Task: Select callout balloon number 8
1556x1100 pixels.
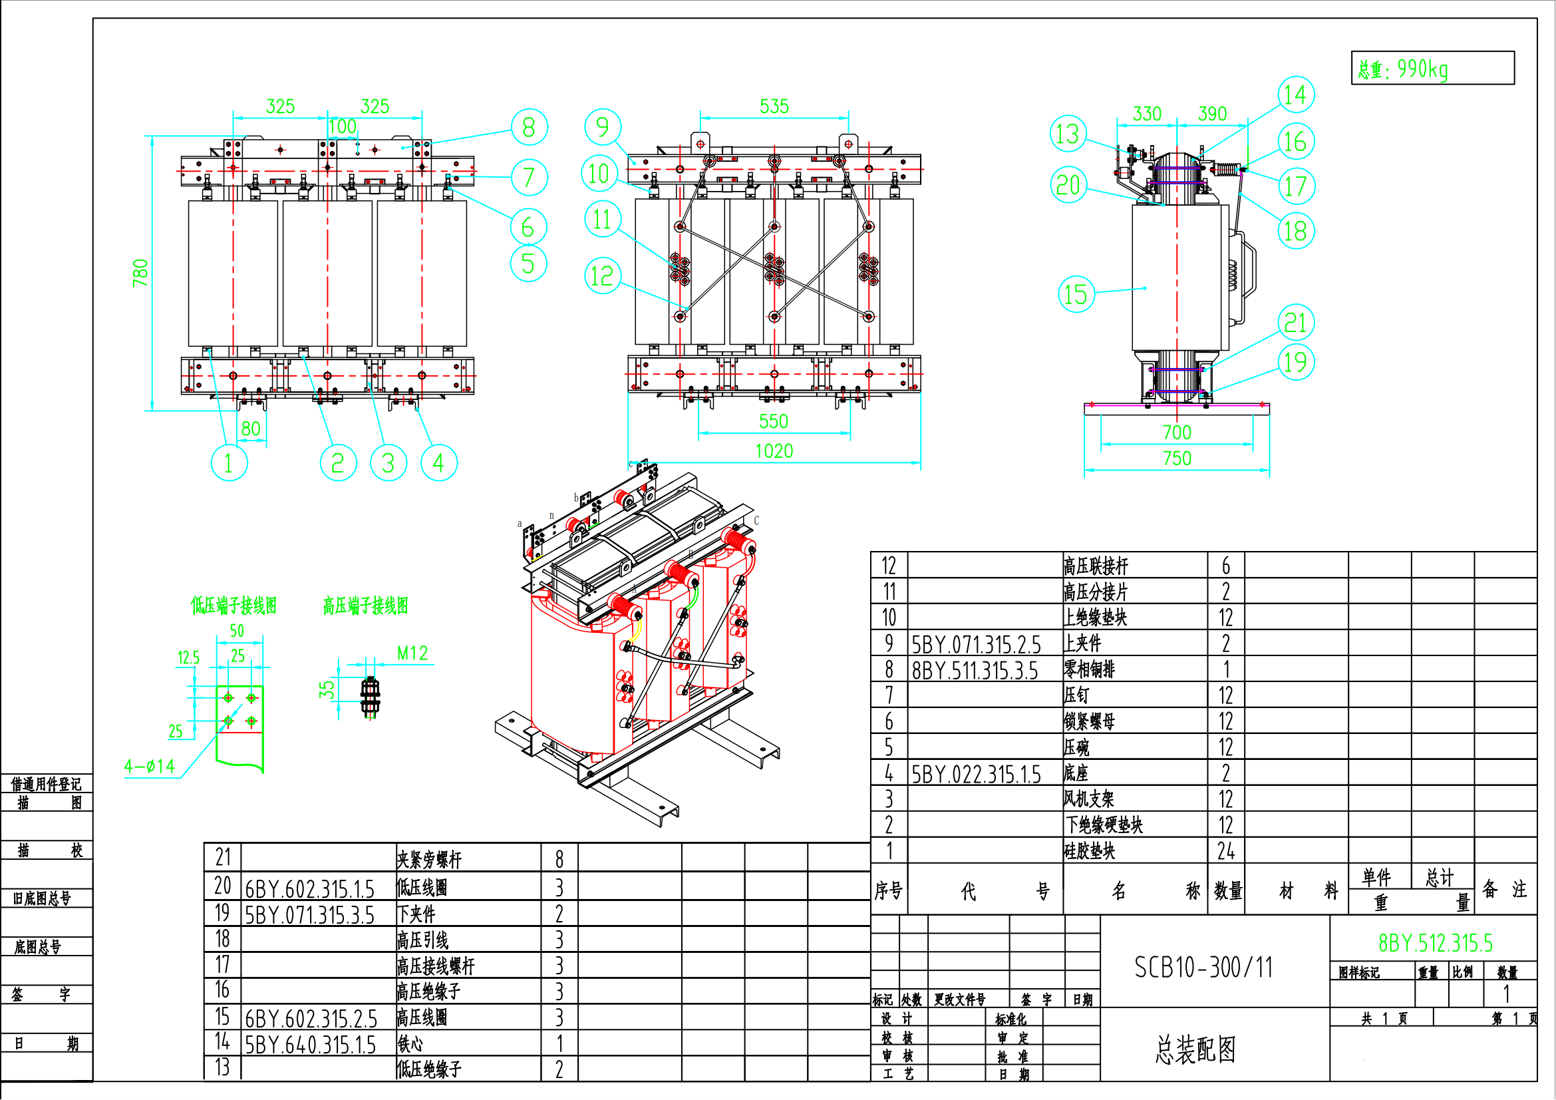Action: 529,127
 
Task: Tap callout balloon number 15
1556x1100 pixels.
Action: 1076,294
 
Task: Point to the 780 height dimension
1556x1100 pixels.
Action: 140,272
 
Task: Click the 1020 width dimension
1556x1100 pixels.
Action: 774,451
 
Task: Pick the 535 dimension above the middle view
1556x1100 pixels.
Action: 774,106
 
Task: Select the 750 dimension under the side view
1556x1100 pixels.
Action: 1177,458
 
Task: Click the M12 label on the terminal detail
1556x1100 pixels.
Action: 412,653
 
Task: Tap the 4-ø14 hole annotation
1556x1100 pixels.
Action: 150,766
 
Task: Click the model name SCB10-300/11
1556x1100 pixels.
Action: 1203,967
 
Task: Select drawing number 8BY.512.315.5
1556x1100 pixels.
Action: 1436,943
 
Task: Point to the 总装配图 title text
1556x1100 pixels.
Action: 1195,1049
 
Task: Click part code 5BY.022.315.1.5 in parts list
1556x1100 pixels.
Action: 976,774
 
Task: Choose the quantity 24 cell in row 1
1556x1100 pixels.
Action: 1226,850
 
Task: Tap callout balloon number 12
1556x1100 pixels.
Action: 603,276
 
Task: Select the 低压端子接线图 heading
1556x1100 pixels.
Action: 233,606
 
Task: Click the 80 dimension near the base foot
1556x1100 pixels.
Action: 251,429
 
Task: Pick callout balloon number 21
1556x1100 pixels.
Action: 1296,323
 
